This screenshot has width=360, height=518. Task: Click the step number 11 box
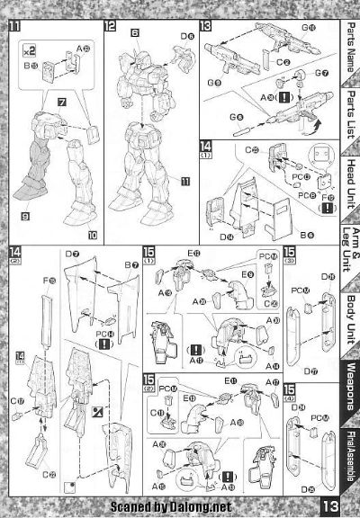click(x=15, y=26)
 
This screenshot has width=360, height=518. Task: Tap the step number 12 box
click(x=110, y=26)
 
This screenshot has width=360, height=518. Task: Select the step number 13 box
click(x=205, y=26)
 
